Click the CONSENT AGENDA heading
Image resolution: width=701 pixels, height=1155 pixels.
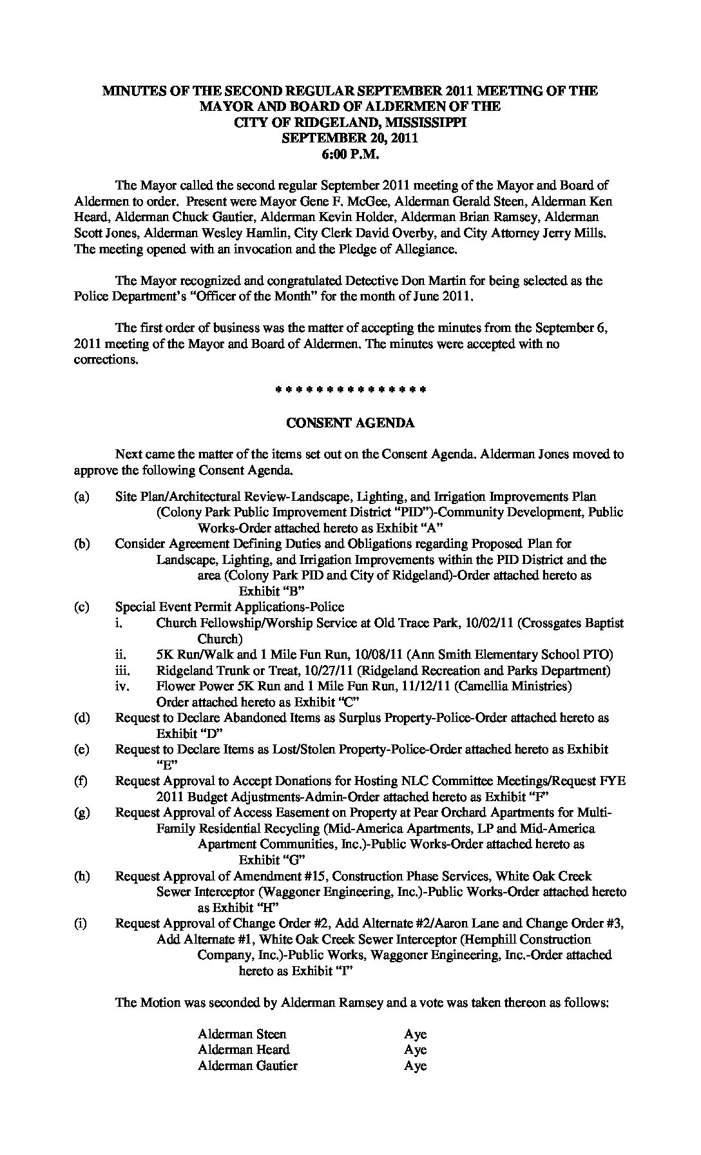[x=350, y=423]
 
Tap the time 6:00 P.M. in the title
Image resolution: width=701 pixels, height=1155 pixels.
[x=350, y=153]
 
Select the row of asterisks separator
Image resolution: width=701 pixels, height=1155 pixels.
[x=350, y=391]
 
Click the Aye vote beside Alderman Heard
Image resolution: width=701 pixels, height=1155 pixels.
[x=415, y=1049]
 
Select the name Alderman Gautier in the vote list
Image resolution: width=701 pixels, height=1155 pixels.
[x=247, y=1065]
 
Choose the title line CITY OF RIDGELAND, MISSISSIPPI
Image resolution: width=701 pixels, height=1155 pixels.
[x=350, y=122]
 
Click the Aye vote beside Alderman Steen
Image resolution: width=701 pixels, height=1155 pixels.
[x=415, y=1034]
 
